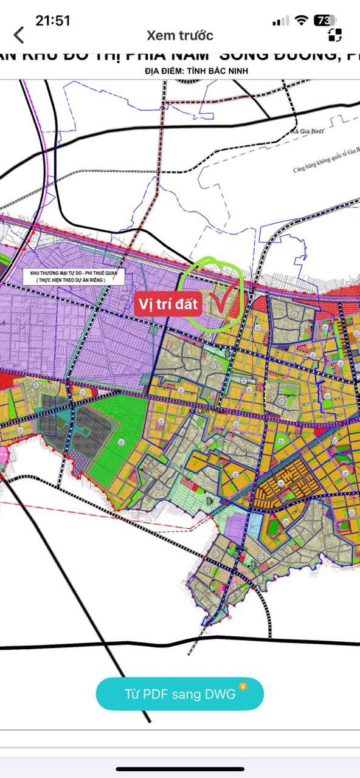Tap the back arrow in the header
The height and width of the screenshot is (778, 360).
19,35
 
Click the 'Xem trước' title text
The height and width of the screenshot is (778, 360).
180,35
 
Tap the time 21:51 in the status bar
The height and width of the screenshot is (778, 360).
53,20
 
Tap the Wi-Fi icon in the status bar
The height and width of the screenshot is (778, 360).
301,21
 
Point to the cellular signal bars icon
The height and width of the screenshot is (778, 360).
280,21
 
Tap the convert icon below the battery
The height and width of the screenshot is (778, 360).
335,35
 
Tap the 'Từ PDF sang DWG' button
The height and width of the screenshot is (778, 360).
180,694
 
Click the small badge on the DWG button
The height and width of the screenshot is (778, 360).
243,686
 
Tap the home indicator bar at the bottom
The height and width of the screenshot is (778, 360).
180,769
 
